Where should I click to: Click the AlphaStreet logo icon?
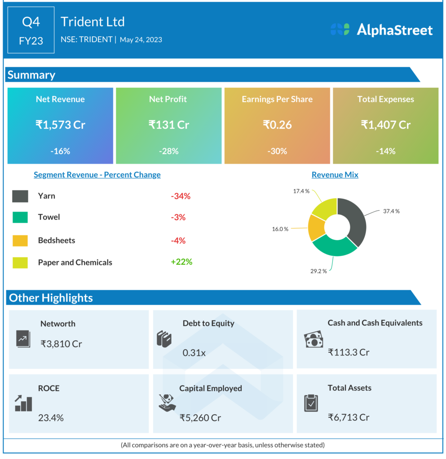coord(340,30)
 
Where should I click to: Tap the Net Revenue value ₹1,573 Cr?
coord(60,125)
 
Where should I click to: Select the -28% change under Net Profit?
coord(168,151)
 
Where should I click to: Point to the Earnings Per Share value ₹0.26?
coord(277,125)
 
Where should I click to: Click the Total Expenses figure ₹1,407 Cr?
coord(385,125)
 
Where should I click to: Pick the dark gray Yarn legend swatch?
coord(20,196)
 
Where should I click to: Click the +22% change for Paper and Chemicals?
coord(181,262)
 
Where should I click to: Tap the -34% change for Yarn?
coord(181,196)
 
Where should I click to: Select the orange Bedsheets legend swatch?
coord(20,241)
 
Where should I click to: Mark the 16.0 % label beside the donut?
coord(280,229)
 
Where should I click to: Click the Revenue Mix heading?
coord(335,175)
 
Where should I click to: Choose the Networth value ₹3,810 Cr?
coord(62,344)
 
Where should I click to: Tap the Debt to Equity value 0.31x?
coord(194,353)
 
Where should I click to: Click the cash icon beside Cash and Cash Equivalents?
coord(314,339)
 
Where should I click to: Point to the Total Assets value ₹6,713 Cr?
coord(349,417)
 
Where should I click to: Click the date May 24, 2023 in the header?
coord(141,39)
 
